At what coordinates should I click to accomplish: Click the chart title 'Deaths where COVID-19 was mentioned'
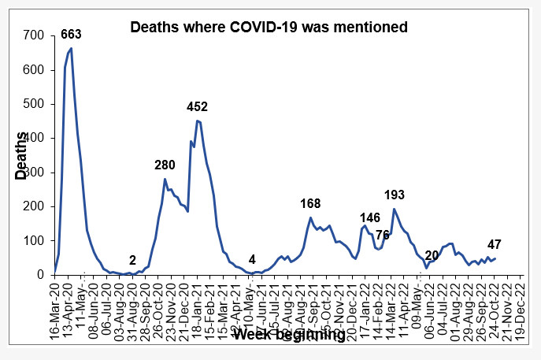point(268,28)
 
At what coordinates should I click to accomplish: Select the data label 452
point(198,106)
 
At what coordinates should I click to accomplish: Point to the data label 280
point(165,165)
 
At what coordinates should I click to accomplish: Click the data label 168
point(311,204)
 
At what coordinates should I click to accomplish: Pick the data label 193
point(394,195)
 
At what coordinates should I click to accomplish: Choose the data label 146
point(370,217)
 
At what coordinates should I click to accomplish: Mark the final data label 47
point(495,244)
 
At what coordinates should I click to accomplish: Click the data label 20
point(431,255)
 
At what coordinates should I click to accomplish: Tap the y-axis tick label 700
point(33,35)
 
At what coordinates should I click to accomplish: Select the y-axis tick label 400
point(33,138)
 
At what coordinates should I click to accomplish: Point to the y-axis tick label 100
point(33,240)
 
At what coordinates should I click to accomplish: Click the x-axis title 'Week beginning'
point(289,334)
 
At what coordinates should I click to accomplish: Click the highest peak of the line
point(72,49)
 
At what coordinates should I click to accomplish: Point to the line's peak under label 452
point(197,121)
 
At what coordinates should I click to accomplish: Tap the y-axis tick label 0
point(39,275)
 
